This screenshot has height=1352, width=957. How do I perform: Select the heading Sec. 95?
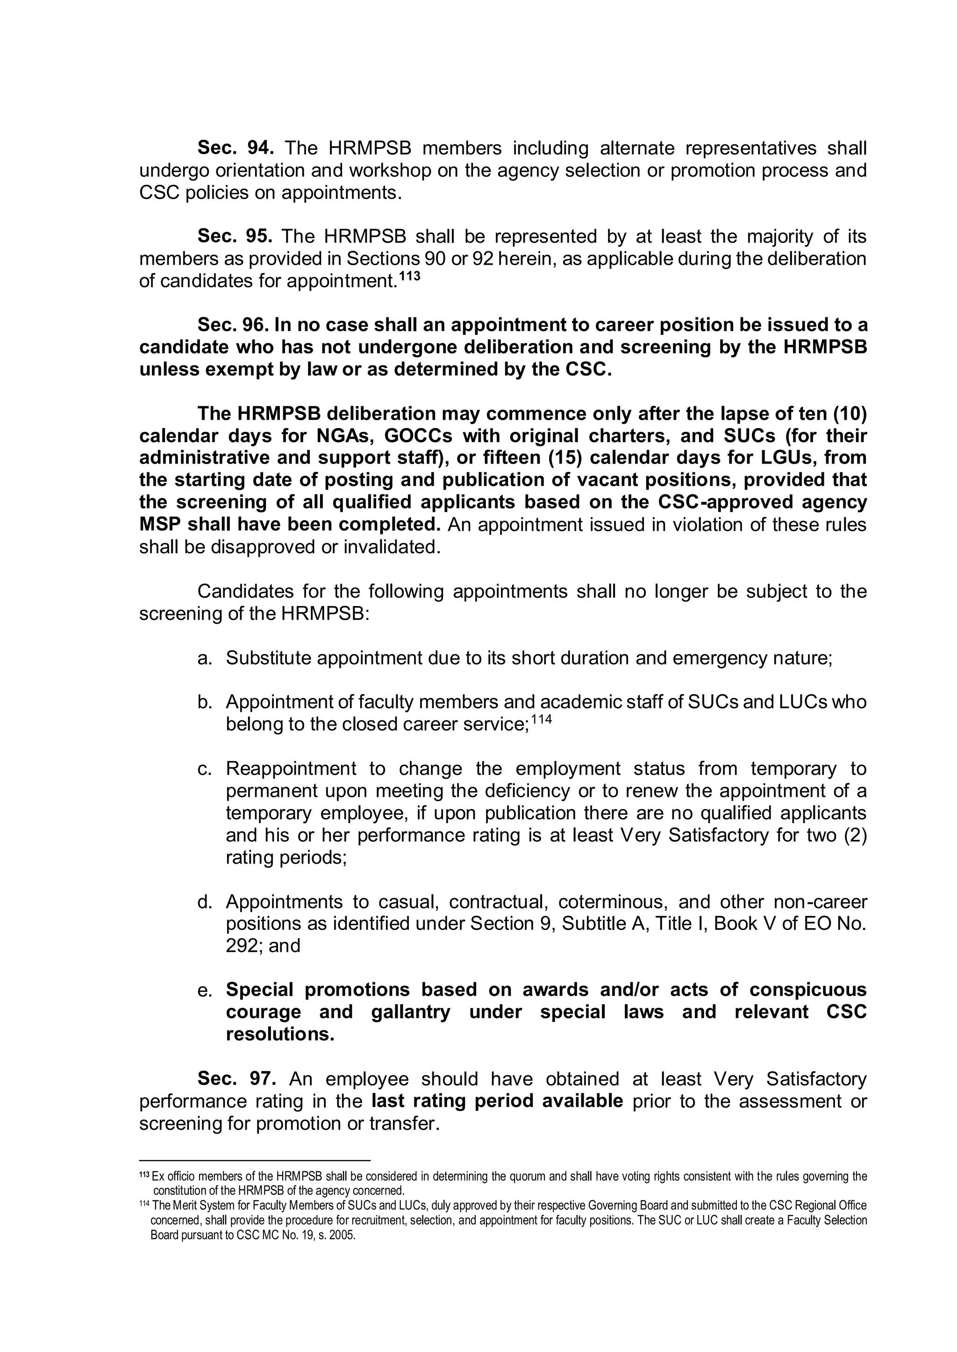235,236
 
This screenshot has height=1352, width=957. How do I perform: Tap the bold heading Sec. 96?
233,325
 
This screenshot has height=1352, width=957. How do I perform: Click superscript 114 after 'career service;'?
542,719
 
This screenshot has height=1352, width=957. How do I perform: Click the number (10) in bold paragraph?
849,414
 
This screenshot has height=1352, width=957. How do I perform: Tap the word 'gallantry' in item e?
411,1012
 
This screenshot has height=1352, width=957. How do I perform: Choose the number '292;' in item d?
244,946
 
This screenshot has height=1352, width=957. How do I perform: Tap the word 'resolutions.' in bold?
280,1034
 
